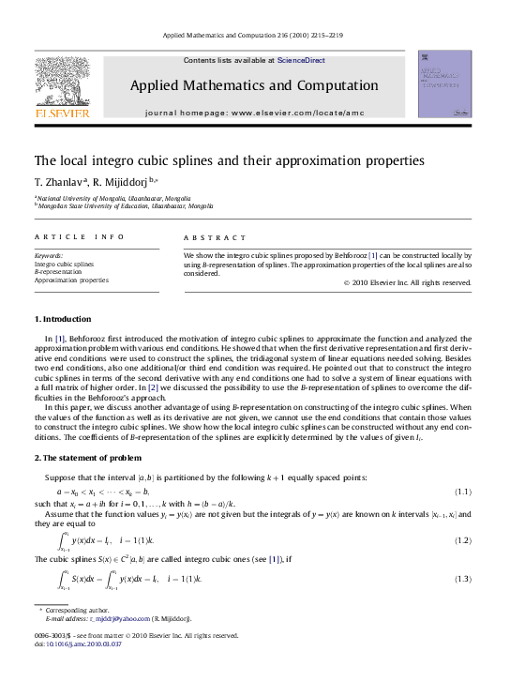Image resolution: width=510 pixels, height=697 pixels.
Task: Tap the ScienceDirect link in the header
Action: [300, 60]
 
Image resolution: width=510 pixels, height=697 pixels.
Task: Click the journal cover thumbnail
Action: [444, 85]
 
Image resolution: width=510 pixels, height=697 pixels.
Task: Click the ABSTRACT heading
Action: [215, 238]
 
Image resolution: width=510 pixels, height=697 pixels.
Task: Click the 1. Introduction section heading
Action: [63, 319]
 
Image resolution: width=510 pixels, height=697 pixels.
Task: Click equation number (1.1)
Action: [462, 492]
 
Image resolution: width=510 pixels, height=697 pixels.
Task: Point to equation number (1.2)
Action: [462, 541]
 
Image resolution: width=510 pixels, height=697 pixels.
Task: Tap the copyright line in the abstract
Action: [407, 282]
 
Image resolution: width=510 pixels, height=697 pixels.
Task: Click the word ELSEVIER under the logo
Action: [62, 114]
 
